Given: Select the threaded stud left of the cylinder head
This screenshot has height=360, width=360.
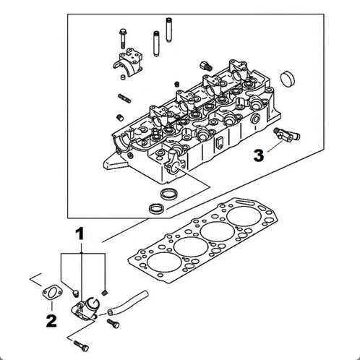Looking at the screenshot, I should click(124, 98).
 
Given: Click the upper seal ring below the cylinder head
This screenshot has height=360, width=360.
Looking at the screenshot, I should click(168, 194).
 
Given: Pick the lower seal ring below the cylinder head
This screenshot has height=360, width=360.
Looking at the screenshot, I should click(156, 209).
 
